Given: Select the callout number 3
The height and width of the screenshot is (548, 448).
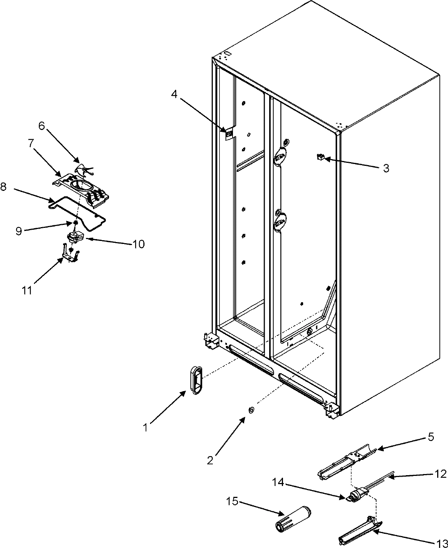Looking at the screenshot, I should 386,168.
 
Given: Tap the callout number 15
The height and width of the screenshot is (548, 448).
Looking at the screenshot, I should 232,501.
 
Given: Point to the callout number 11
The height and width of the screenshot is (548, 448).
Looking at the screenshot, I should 27,290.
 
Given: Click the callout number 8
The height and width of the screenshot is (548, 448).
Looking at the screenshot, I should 4,187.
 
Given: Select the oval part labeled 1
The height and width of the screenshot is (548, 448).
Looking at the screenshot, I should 196,380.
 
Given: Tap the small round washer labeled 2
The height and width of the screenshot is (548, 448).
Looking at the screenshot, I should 250,410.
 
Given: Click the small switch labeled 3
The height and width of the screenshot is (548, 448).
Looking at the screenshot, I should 320,157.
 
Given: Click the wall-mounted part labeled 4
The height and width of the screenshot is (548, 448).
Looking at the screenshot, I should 228,133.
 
